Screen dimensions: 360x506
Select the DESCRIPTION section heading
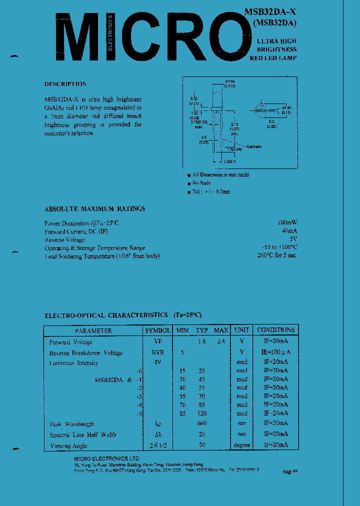pos(65,84)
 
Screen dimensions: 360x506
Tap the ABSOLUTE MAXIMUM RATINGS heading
pos(94,208)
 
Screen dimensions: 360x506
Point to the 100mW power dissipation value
pos(287,222)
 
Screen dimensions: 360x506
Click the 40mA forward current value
pos(289,231)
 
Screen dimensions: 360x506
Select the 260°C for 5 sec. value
pos(276,255)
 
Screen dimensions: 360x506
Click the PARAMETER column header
pos(93,330)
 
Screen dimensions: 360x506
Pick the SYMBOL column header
pos(158,330)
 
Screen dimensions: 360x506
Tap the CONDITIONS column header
pos(275,330)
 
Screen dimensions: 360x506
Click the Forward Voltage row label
pos(70,342)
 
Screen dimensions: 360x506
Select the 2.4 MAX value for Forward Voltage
pos(220,342)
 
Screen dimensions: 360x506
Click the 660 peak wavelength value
pos(201,424)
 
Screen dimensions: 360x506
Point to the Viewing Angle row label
pos(68,445)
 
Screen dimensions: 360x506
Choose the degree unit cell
pos(242,445)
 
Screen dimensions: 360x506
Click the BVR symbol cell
pos(158,352)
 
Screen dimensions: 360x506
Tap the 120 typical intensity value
pos(201,413)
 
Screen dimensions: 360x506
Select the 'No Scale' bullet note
pos(202,183)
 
